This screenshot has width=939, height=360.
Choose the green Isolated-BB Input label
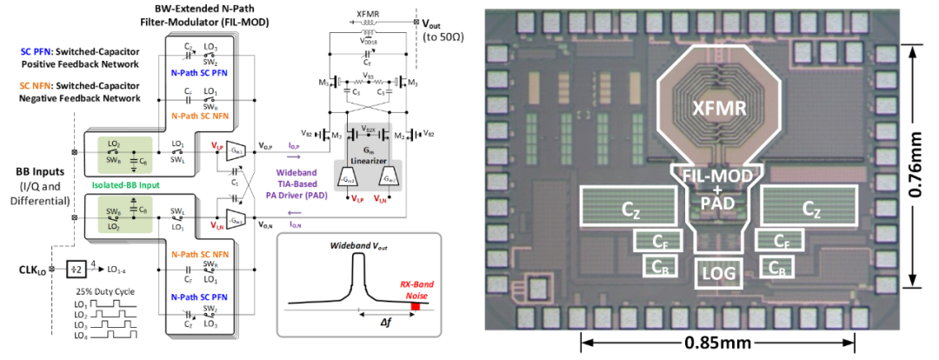point(118,185)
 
